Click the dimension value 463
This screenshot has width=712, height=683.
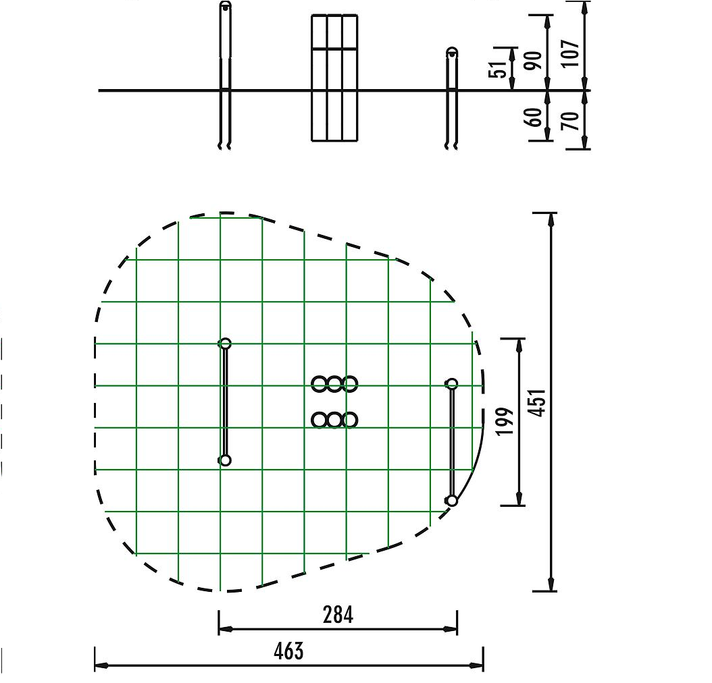click(289, 651)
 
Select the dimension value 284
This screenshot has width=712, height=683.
click(338, 615)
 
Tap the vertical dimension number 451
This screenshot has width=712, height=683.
click(538, 402)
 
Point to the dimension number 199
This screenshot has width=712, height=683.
click(505, 421)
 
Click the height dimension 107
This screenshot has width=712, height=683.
click(571, 54)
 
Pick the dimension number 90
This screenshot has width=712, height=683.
click(533, 60)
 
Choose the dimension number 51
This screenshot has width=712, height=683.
click(497, 70)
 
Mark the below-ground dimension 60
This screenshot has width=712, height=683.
click(533, 117)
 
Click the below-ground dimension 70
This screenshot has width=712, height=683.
click(571, 121)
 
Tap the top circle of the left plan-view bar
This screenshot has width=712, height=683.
click(225, 344)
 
